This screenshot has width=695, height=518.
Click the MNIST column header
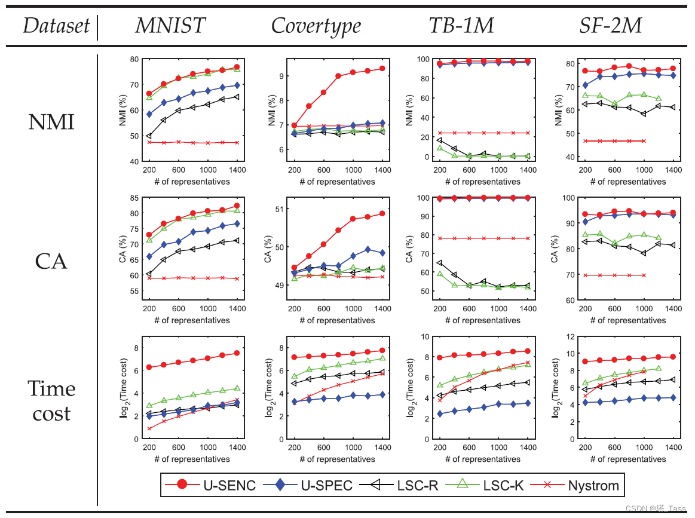pyautogui.click(x=170, y=26)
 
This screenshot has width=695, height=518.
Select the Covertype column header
pyautogui.click(x=316, y=26)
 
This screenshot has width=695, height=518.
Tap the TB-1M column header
pyautogui.click(x=461, y=26)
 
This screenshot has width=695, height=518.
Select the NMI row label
pyautogui.click(x=51, y=122)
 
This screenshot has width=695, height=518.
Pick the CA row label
pyautogui.click(x=51, y=261)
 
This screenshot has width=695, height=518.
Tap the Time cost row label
pyautogui.click(x=51, y=401)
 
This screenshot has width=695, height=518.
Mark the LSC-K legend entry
pyautogui.click(x=494, y=485)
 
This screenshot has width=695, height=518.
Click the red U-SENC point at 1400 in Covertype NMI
pyautogui.click(x=382, y=69)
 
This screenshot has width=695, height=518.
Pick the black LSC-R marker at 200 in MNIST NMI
pyautogui.click(x=149, y=136)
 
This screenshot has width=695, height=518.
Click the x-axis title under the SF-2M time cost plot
pyautogui.click(x=627, y=459)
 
